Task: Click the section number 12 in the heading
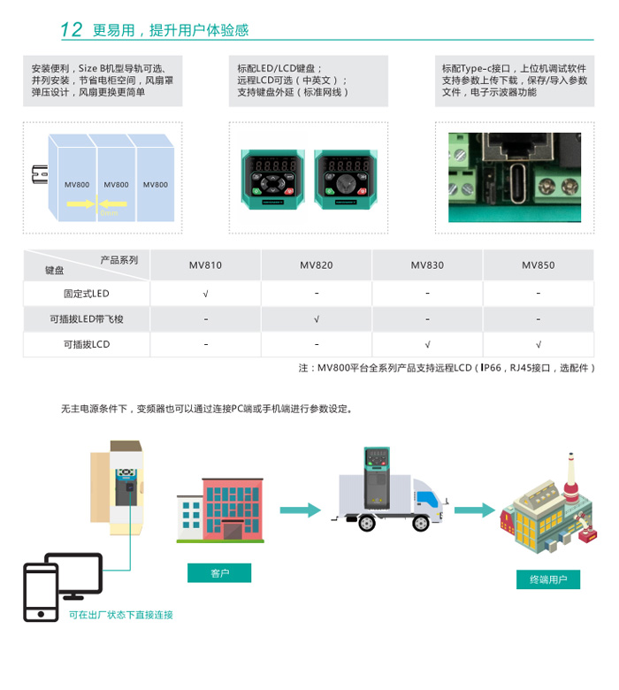72,30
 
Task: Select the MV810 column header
205,265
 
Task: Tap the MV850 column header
538,265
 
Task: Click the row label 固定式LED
87,294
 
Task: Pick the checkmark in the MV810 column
205,294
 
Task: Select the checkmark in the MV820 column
316,319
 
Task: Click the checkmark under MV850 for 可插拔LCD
538,345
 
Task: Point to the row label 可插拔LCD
87,345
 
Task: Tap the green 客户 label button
219,573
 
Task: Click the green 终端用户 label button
548,580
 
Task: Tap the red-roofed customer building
221,510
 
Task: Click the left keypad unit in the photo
275,177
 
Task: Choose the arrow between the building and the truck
300,510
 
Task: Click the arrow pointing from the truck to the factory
475,510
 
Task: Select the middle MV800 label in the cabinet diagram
116,185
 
